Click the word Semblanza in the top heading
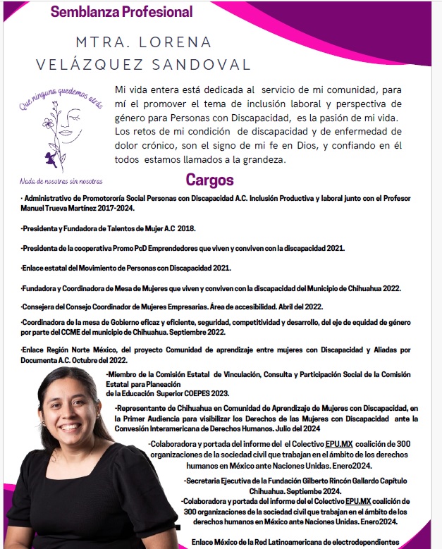tap(80, 12)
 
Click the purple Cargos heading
tap(209, 180)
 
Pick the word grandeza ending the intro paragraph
tap(258, 160)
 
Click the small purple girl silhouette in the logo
tap(52, 157)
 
